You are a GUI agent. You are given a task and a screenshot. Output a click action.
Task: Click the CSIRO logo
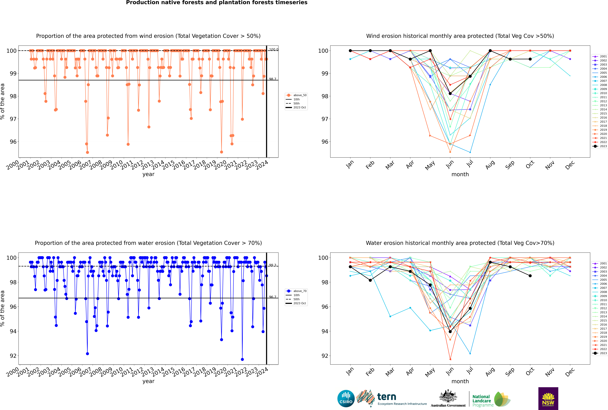pyautogui.click(x=346, y=399)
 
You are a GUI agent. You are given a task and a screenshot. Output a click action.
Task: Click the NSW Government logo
pyautogui.click(x=548, y=398)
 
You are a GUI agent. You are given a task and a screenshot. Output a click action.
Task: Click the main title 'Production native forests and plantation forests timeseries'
pyautogui.click(x=217, y=3)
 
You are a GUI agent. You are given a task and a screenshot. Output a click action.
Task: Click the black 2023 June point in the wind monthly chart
pyautogui.click(x=450, y=94)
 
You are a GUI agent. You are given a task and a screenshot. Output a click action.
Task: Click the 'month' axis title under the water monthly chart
pyautogui.click(x=460, y=381)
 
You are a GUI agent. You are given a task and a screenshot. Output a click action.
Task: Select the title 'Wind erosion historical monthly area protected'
pyautogui.click(x=460, y=36)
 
